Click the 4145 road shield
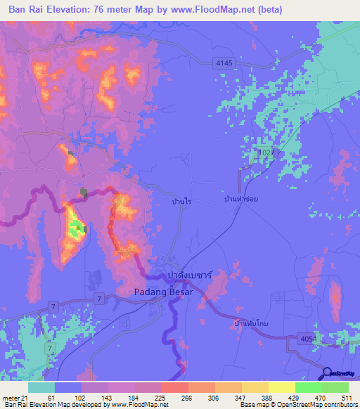pyautogui.click(x=224, y=63)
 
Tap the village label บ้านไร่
pyautogui.click(x=181, y=201)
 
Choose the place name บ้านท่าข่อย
pyautogui.click(x=241, y=200)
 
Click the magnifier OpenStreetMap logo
pyautogui.click(x=327, y=373)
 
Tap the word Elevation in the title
pyautogui.click(x=67, y=10)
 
